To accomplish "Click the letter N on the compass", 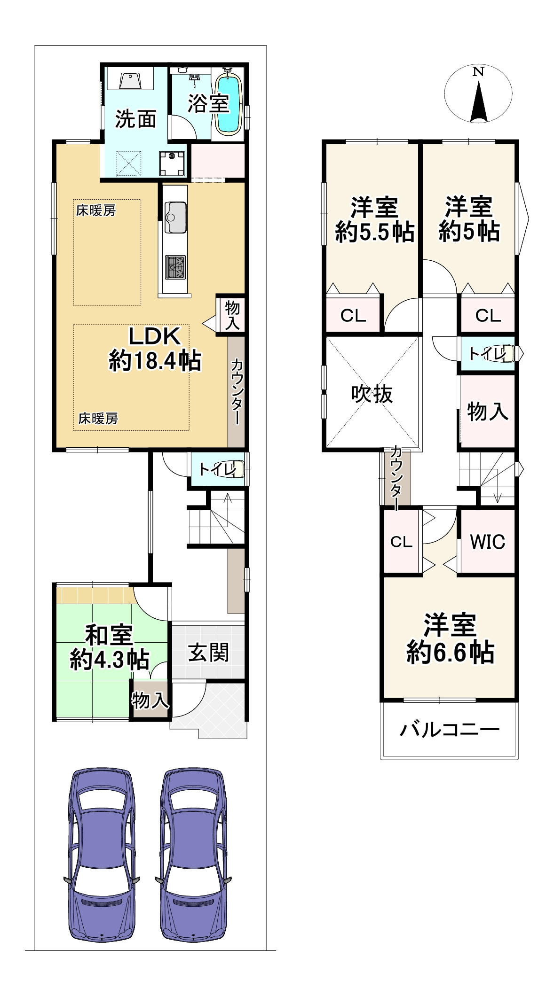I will [478, 72].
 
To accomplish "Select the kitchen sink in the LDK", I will [175, 217].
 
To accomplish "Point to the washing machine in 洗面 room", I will [172, 163].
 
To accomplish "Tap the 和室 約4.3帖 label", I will [110, 647].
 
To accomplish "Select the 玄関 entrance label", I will [208, 652].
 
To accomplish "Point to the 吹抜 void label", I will [372, 394].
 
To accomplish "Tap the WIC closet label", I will [488, 542].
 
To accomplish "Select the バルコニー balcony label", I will [449, 730].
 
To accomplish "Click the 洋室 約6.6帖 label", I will [450, 638].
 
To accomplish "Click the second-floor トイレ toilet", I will [489, 353].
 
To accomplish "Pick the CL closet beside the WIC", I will [401, 542].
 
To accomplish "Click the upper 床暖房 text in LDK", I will [96, 210].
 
